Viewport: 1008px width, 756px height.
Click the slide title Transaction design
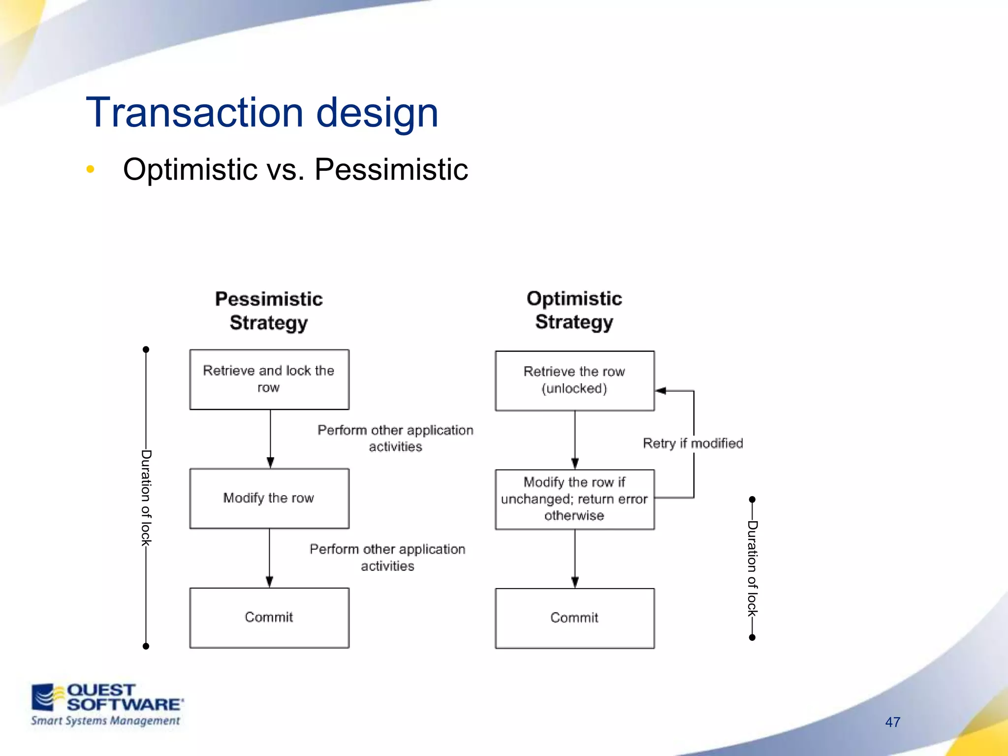[x=262, y=113]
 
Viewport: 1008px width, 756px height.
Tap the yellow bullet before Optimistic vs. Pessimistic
[x=90, y=169]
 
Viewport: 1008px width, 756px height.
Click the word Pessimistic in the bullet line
[x=391, y=169]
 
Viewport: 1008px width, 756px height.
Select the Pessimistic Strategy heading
[x=269, y=311]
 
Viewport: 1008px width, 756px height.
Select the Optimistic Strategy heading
[x=574, y=310]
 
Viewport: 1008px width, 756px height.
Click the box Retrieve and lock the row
[x=269, y=379]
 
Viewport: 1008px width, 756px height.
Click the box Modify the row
[x=269, y=498]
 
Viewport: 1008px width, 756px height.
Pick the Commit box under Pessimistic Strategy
[x=269, y=617]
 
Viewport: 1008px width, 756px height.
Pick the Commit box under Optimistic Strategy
[x=574, y=618]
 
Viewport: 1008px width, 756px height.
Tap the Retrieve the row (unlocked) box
[x=574, y=380]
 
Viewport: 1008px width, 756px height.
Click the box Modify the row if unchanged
[x=574, y=499]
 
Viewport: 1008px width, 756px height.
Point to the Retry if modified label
[x=693, y=443]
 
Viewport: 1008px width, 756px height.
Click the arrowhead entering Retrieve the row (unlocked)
[x=661, y=391]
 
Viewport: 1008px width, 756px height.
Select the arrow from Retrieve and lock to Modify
[x=270, y=438]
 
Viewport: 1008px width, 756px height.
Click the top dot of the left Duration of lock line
[x=146, y=349]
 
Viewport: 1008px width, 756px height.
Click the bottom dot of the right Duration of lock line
[x=752, y=637]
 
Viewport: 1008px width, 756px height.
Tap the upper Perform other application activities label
[x=395, y=438]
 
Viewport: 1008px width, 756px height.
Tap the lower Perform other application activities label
[x=387, y=557]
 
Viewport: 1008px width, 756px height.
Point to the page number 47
[x=892, y=722]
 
